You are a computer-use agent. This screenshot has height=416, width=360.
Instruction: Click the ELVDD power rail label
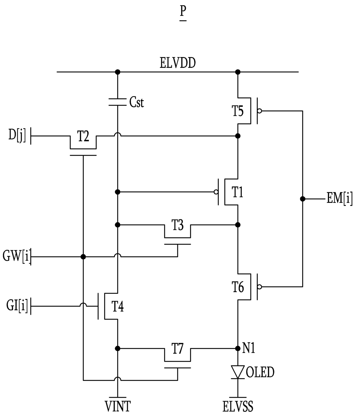(177, 63)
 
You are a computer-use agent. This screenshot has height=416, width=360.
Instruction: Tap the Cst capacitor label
(136, 102)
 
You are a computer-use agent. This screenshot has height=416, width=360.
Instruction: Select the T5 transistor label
(238, 111)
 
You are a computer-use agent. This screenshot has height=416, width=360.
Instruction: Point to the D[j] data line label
(17, 135)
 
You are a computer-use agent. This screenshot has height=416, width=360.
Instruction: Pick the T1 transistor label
(237, 192)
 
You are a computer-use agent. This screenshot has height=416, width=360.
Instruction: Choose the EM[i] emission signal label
(339, 199)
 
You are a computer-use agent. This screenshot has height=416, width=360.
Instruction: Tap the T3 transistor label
(177, 225)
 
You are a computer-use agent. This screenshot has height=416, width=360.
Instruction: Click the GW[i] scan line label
(17, 256)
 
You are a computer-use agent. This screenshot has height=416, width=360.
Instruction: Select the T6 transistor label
(238, 287)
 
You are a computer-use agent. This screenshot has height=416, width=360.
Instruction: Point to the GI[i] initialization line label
(17, 306)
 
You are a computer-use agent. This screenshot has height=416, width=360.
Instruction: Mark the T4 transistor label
(118, 307)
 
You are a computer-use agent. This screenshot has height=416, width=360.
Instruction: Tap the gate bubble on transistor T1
(216, 192)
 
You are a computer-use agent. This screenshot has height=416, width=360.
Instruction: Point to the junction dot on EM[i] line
(303, 199)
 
